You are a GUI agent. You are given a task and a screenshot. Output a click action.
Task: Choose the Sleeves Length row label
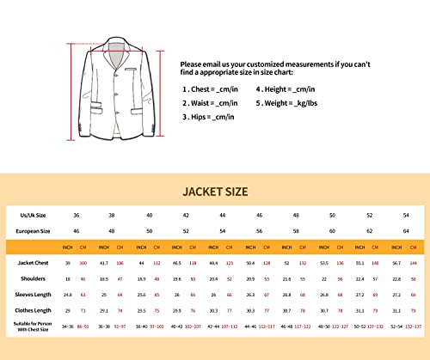click(x=36, y=292)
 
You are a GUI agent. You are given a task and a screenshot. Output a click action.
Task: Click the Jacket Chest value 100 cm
click(x=83, y=262)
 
